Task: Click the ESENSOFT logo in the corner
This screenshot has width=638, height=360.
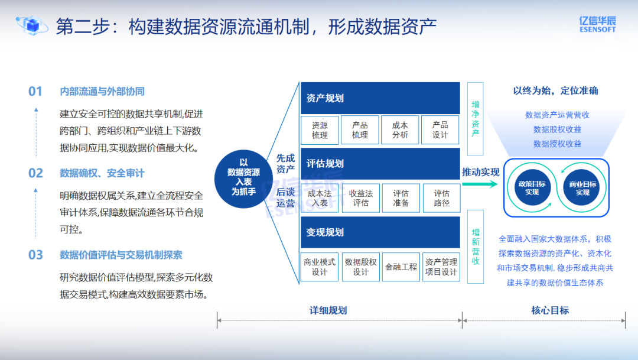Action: point(597,24)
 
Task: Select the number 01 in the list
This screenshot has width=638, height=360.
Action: point(35,91)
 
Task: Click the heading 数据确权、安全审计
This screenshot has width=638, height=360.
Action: point(102,173)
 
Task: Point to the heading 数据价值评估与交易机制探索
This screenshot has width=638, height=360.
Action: point(121,255)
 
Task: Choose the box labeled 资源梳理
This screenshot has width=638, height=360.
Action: point(320,130)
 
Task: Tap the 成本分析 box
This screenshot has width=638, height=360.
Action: point(400,130)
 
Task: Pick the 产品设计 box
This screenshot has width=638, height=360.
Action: point(440,130)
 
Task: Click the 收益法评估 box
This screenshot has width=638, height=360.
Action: point(360,198)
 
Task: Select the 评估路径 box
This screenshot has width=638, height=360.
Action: point(441,198)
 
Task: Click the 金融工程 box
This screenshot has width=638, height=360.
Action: point(401,267)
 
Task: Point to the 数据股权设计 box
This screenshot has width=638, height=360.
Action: point(360,267)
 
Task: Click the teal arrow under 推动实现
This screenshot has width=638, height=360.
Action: point(480,184)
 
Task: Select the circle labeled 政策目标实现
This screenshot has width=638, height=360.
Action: point(532,188)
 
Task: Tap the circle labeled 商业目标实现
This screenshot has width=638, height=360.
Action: point(582,188)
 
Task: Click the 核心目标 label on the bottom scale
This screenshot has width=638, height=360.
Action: point(550,310)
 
